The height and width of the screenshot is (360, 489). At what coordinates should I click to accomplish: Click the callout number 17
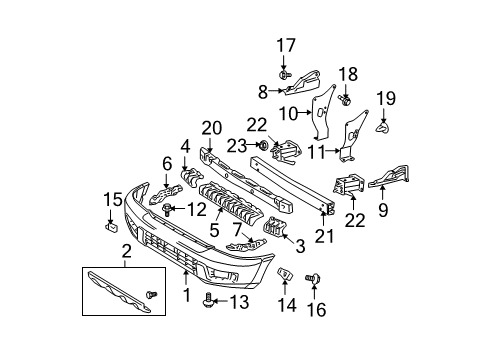tap(286, 45)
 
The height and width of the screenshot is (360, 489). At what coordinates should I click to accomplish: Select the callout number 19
tap(386, 98)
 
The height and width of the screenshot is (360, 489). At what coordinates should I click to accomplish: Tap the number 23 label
tap(237, 146)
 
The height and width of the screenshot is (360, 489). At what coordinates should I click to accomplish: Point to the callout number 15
tap(113, 199)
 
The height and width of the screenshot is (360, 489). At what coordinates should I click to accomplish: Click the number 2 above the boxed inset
tap(127, 252)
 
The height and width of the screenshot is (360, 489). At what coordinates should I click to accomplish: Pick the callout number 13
tap(239, 302)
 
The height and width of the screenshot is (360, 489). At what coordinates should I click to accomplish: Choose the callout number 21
tap(324, 236)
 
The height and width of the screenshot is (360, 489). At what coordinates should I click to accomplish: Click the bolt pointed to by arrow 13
tap(208, 299)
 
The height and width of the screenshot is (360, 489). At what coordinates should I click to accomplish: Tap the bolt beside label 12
tap(167, 210)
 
